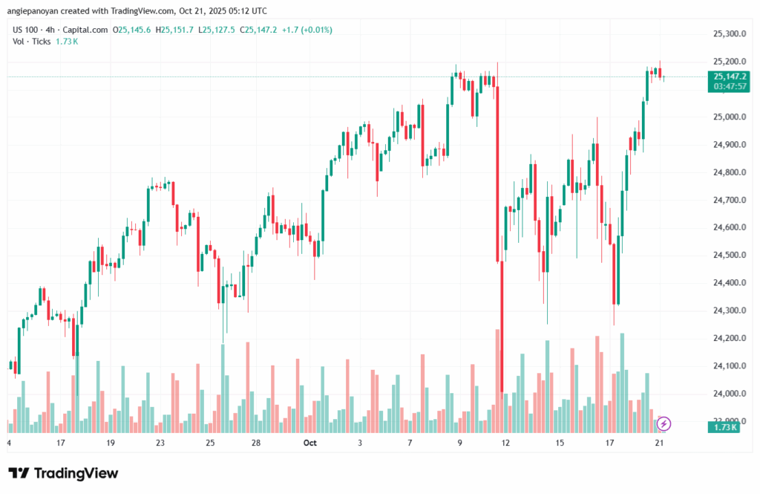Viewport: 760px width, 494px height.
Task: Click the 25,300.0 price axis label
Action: coord(728,33)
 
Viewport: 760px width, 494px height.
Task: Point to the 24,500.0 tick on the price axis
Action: coord(728,255)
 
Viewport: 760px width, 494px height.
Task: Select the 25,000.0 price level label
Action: coord(728,117)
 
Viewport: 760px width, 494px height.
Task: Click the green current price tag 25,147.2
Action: coord(730,76)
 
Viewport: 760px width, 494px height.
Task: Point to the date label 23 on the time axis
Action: coord(160,443)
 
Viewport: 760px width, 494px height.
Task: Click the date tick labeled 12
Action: coord(506,443)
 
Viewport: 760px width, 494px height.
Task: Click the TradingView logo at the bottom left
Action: coord(63,473)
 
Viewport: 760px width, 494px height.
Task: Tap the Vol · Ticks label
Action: coord(32,41)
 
